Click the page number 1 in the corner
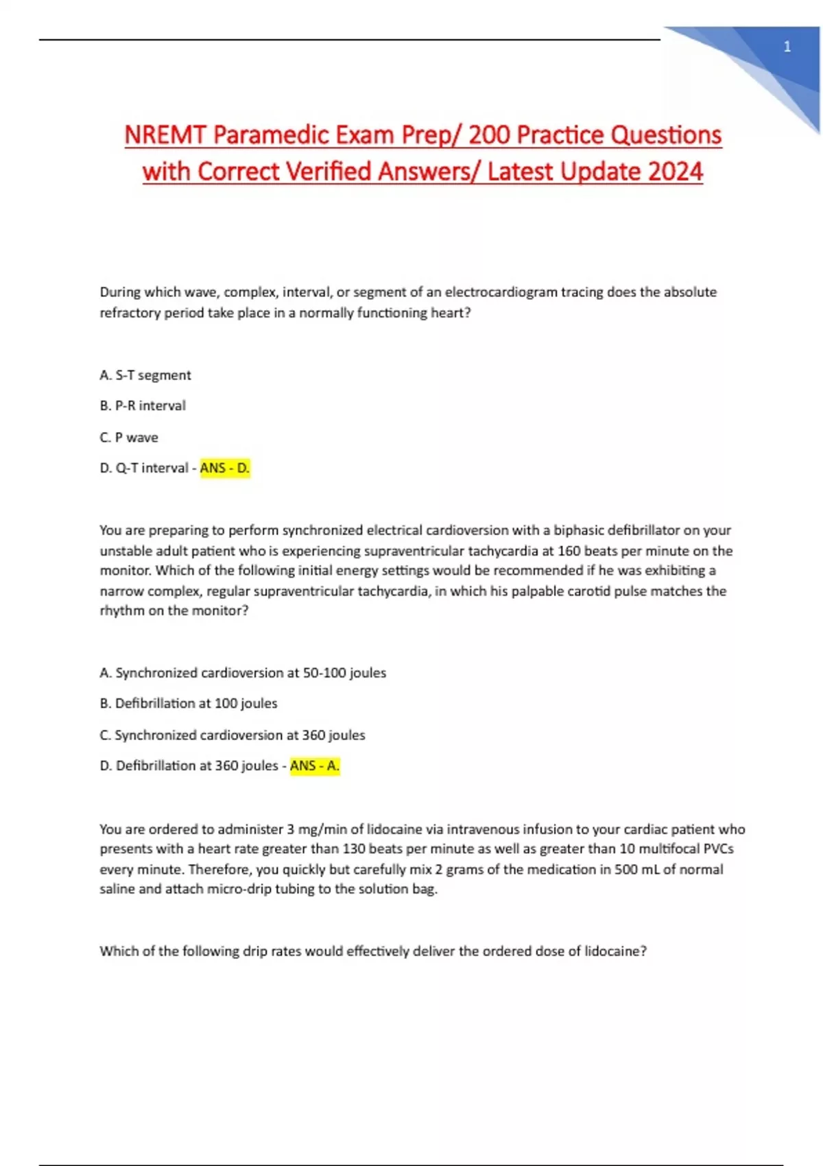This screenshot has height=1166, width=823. (787, 47)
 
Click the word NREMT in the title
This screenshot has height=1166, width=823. (165, 134)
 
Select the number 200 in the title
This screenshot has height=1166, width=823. (488, 134)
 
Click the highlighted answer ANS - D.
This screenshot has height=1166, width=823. (225, 468)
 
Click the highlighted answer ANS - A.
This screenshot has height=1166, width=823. (315, 765)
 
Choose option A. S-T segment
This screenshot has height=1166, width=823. (145, 375)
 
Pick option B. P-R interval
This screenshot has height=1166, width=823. (143, 405)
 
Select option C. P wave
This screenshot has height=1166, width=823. (129, 437)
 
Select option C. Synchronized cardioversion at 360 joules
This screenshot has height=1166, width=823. (232, 735)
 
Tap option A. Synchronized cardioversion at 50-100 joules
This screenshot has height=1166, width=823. (243, 673)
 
